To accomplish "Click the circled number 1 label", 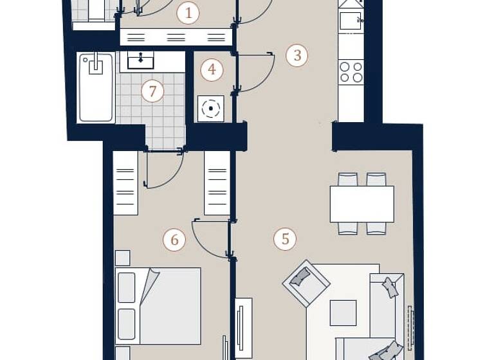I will [188, 13].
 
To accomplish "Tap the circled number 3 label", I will [297, 55].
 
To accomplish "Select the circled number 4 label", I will [212, 69].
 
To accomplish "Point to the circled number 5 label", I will [285, 240].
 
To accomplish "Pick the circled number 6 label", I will [174, 240].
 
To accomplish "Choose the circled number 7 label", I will [152, 91].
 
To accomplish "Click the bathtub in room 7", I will [96, 88].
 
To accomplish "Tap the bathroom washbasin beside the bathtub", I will [141, 60].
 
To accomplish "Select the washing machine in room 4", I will [210, 109].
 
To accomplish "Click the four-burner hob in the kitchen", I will [351, 72].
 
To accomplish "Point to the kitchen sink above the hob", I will [351, 21].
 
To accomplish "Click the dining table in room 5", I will [361, 204].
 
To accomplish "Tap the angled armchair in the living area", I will [306, 282].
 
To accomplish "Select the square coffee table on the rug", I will [343, 313].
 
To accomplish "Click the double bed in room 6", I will [158, 305].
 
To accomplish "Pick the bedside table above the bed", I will [122, 258].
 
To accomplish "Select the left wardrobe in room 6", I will [125, 183].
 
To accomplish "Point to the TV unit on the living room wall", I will [243, 327].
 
